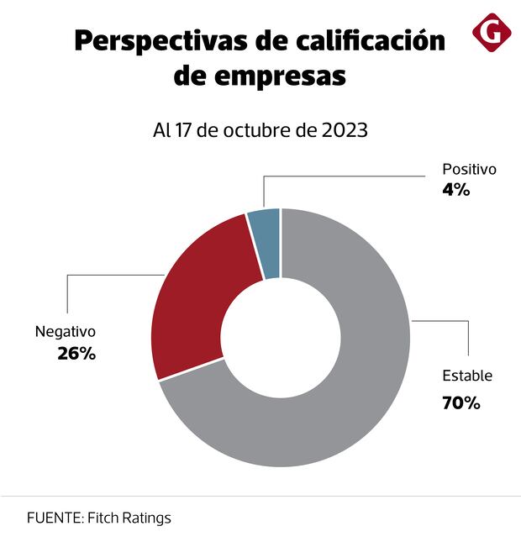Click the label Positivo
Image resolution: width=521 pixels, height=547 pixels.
click(x=469, y=170)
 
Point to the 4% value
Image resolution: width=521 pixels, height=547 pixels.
click(x=455, y=190)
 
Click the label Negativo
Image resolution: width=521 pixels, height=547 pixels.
click(x=66, y=332)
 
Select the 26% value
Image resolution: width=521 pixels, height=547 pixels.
click(x=76, y=354)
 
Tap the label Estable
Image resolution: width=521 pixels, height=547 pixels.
click(x=467, y=376)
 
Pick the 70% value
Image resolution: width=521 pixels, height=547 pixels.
click(x=460, y=403)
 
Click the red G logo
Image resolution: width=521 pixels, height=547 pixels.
click(x=492, y=33)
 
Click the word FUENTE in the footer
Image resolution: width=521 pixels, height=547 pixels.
click(x=51, y=518)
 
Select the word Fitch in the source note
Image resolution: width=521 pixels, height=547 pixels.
click(x=103, y=518)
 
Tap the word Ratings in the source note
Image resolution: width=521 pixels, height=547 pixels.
click(x=146, y=518)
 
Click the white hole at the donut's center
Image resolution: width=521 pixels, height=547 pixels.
click(x=281, y=337)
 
